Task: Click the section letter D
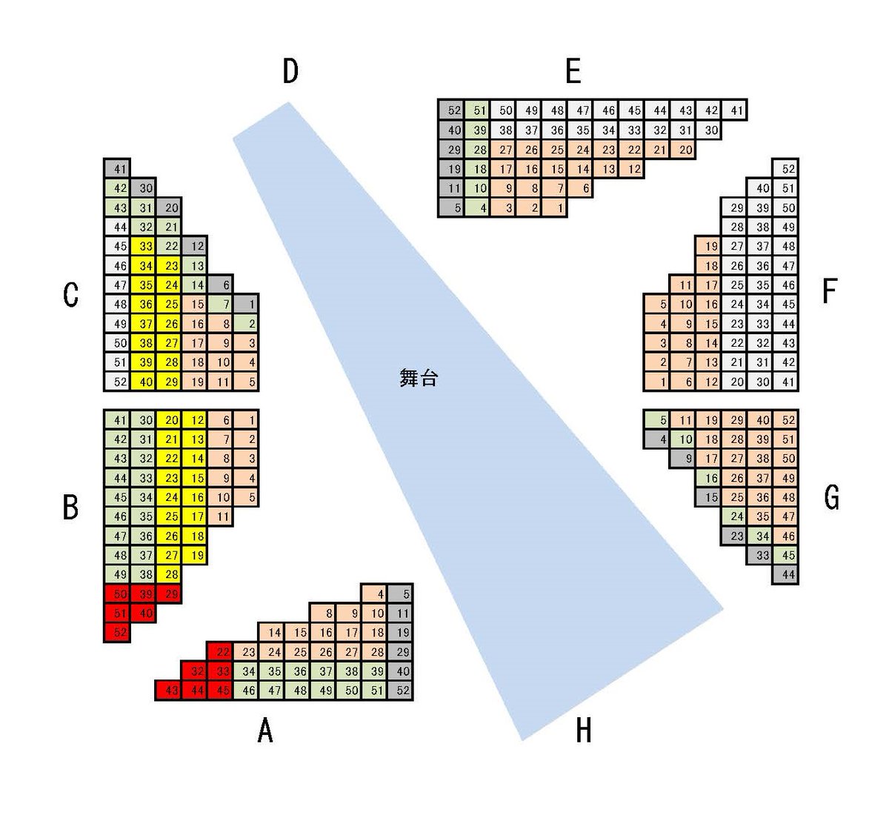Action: (x=290, y=71)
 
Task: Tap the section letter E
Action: (x=573, y=71)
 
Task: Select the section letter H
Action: (x=583, y=730)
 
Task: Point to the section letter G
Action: (x=831, y=497)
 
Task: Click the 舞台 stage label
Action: (x=419, y=378)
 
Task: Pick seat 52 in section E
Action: (x=451, y=110)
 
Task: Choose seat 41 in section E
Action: (x=734, y=110)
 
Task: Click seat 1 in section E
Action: (x=554, y=207)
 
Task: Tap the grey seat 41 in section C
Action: (x=117, y=168)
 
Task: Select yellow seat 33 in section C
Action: (x=143, y=246)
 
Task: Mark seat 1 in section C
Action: (x=246, y=304)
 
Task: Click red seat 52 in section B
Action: (x=117, y=632)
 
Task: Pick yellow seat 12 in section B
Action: (x=194, y=420)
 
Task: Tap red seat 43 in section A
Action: (x=168, y=691)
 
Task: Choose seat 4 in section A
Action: (x=374, y=593)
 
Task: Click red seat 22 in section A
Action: (x=220, y=652)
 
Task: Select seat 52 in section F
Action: (x=785, y=168)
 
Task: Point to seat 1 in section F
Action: (x=657, y=382)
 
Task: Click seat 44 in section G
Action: (x=785, y=574)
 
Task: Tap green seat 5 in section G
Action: (x=657, y=420)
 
